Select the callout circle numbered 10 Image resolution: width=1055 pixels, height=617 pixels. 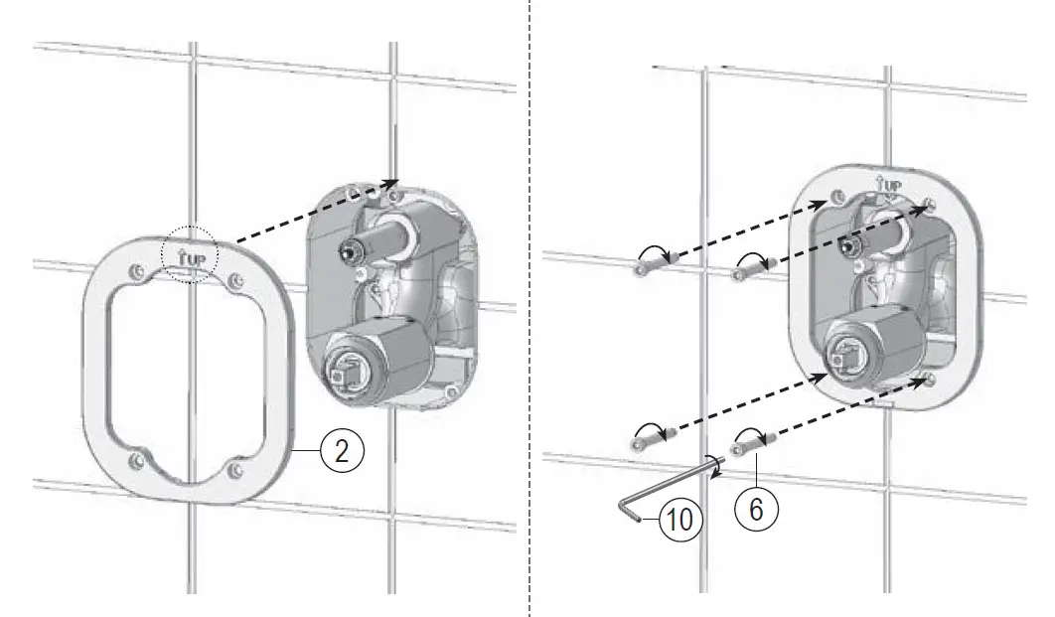coord(677,519)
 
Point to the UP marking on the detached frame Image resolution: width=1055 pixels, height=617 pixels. coord(190,257)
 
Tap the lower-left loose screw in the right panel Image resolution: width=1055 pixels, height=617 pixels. coord(651,435)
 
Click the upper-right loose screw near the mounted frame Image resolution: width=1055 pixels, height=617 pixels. coord(752,264)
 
